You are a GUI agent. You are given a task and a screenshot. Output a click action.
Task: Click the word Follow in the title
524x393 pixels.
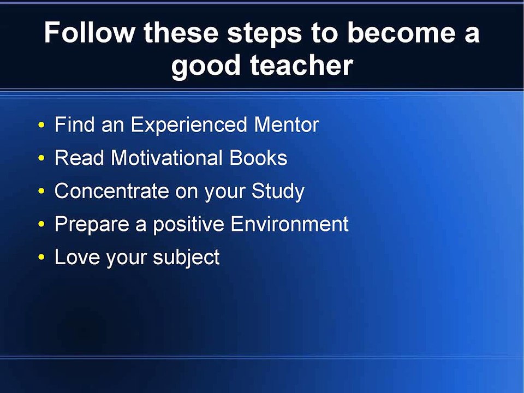click(89, 32)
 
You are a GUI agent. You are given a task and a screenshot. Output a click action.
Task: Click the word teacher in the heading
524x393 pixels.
click(301, 64)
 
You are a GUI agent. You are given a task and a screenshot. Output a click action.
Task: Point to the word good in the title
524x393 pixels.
click(206, 67)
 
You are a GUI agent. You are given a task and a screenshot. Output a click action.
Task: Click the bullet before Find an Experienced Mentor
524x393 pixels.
click(41, 125)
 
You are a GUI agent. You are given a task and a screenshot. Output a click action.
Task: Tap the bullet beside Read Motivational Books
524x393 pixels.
click(41, 158)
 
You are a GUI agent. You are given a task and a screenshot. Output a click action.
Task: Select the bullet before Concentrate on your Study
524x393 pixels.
click(41, 191)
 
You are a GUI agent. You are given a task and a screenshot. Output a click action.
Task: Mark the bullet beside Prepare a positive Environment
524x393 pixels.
click(41, 224)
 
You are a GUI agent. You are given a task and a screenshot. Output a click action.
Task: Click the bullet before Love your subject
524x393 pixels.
click(41, 257)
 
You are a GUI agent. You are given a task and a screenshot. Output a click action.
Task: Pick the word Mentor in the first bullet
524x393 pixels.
click(287, 124)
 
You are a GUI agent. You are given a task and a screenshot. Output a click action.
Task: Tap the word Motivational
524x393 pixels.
click(166, 157)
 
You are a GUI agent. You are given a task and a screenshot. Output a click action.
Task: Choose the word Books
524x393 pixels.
click(258, 157)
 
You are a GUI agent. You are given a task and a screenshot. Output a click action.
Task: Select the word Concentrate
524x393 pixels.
click(111, 191)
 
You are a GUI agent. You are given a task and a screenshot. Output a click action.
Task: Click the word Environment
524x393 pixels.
click(289, 224)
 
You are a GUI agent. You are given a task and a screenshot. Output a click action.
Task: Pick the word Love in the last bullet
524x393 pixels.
click(77, 257)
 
